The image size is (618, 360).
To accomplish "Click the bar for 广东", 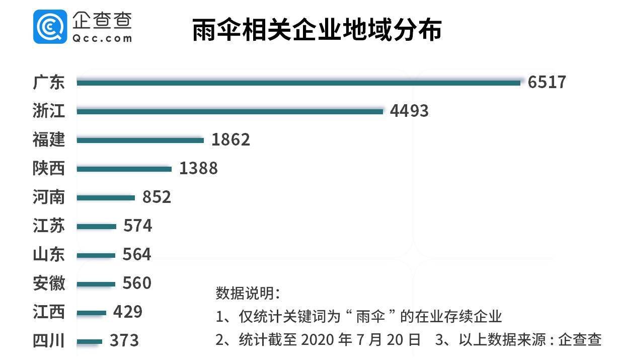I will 298,83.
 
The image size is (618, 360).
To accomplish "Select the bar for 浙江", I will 230,111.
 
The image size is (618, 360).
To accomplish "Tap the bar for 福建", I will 140,140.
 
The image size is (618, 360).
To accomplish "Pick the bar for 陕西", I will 124,169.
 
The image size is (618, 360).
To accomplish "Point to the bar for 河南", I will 106,197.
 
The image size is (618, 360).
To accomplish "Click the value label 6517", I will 547,82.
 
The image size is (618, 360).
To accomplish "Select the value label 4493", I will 409,111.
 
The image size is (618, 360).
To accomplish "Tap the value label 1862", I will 230,139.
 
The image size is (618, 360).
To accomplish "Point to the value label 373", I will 124,341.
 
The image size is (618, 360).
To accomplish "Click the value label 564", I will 137,255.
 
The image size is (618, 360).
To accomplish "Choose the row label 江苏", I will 49,226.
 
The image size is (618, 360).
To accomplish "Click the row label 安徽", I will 49,283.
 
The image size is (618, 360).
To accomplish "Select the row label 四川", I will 49,341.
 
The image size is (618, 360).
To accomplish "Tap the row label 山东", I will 49,255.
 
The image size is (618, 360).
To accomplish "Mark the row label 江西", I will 49,312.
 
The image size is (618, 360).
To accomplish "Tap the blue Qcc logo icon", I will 50,27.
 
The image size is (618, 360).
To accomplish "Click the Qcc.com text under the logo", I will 102,38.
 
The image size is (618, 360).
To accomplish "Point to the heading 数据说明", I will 248,294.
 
